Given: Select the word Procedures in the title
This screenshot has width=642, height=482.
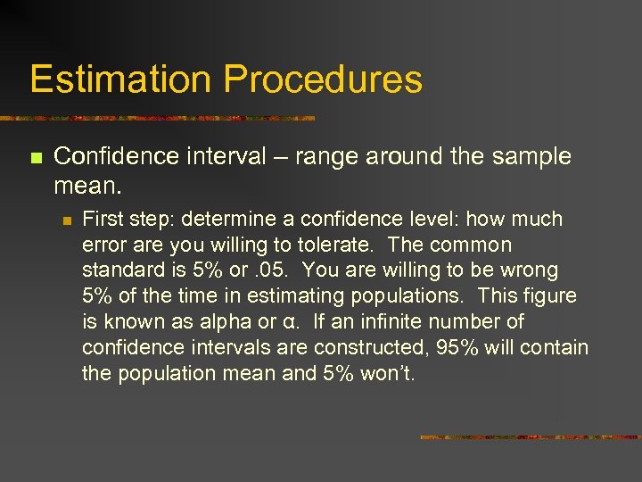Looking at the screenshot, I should [x=323, y=79].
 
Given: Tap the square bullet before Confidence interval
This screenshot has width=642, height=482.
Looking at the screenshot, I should [x=36, y=158].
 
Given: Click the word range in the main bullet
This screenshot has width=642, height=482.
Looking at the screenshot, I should [x=329, y=156].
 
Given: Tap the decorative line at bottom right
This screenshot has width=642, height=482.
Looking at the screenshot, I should [x=530, y=437].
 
